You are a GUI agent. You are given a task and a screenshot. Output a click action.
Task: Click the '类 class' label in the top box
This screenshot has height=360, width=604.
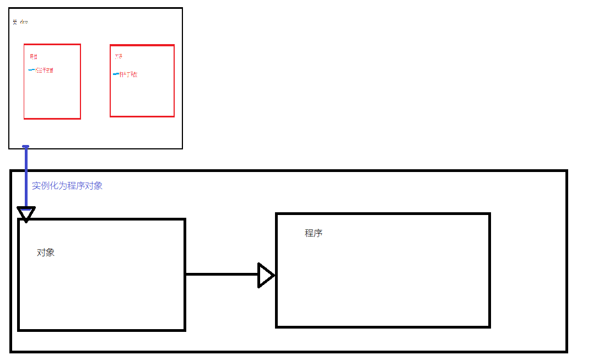point(20,22)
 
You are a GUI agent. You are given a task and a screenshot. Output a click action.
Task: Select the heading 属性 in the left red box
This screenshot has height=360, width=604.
point(34,57)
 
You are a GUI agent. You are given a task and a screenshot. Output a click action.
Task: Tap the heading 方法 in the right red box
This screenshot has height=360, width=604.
point(118,57)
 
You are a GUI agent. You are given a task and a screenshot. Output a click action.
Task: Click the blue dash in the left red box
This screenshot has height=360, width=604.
point(31,70)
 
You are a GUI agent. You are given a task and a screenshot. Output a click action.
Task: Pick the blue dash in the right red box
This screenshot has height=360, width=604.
point(116,74)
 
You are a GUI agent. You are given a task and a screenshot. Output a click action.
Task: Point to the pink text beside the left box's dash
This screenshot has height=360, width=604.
point(45,71)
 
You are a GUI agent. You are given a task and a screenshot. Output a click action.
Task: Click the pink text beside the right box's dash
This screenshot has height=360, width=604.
point(128,74)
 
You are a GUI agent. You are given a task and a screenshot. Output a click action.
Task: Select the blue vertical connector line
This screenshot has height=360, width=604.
point(26,176)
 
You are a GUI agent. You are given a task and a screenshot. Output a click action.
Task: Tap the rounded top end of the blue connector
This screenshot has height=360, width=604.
point(25,147)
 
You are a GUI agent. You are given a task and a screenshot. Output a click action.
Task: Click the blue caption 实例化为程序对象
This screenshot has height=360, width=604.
point(67,186)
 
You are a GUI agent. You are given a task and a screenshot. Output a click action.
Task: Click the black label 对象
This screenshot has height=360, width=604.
point(46,252)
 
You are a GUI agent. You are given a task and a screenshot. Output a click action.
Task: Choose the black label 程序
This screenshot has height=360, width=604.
point(314,233)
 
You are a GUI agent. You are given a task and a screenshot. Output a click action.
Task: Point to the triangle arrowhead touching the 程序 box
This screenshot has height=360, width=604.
point(266,275)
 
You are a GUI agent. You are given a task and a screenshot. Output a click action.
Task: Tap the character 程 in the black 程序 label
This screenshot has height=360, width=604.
point(309,233)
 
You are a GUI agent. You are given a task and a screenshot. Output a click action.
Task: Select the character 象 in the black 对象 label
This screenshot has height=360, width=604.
point(50,252)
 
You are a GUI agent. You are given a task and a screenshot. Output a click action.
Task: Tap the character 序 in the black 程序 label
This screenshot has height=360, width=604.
point(318,233)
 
